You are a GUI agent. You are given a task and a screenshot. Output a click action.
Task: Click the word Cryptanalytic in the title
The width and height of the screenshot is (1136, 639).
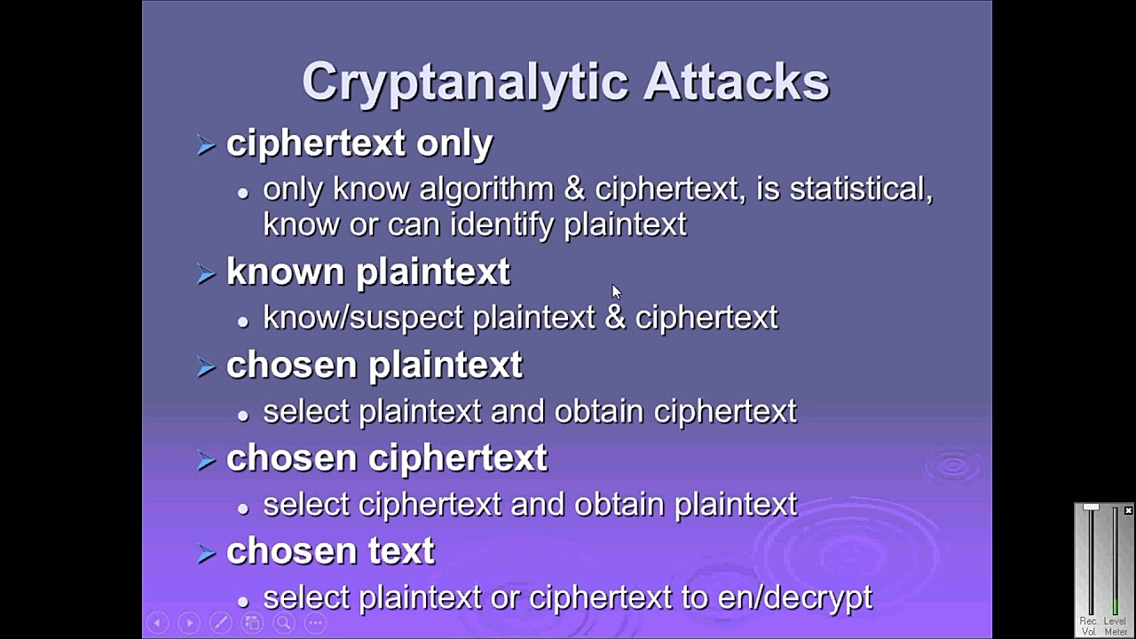464,82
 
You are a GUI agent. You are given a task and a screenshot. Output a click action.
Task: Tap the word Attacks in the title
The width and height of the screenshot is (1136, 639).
736,82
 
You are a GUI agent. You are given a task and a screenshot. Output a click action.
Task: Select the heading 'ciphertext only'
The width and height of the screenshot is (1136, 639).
359,143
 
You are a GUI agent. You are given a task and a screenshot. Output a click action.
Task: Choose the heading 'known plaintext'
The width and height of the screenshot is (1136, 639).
368,272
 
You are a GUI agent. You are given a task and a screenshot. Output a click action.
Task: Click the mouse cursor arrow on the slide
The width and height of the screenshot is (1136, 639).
616,292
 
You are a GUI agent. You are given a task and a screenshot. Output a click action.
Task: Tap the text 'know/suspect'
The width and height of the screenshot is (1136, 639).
363,318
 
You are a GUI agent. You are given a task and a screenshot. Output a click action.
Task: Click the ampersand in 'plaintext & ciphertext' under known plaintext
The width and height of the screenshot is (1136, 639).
615,318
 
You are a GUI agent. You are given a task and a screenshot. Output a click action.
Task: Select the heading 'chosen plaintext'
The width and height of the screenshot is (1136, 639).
375,365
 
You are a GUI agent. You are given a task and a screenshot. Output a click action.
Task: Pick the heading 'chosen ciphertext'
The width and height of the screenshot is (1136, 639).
387,458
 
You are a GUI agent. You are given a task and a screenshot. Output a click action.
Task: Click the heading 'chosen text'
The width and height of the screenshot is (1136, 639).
330,551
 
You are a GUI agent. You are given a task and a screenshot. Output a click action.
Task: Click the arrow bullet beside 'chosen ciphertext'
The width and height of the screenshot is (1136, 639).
206,460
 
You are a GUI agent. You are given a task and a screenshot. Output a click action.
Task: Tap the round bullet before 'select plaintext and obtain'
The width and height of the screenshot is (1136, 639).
243,414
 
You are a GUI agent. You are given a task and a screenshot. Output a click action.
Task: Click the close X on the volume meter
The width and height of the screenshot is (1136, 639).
1128,510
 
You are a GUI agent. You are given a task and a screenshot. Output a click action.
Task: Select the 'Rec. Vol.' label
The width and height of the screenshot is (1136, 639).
1089,627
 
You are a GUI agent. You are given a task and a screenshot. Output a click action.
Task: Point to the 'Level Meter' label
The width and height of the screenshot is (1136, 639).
1115,627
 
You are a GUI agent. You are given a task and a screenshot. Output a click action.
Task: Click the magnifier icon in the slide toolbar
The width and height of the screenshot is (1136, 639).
284,623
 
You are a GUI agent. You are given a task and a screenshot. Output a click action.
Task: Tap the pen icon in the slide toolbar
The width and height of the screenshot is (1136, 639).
220,623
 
